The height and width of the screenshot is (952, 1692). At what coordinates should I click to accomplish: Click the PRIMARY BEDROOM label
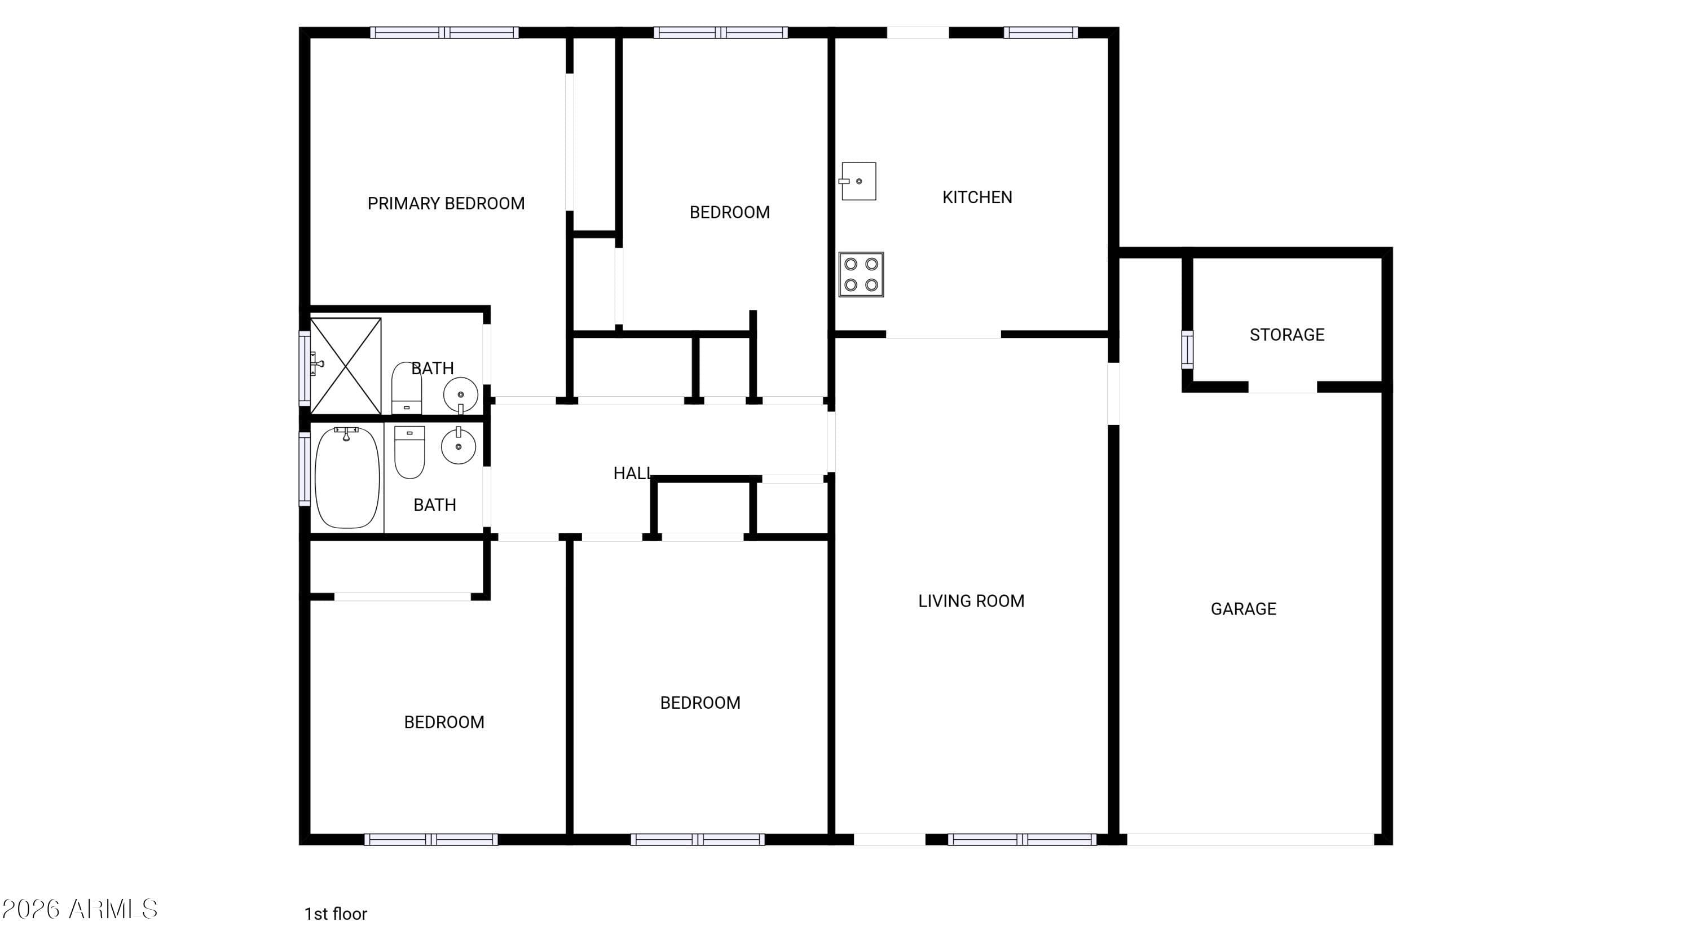coord(446,204)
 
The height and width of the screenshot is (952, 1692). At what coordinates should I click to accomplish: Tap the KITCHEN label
coord(977,197)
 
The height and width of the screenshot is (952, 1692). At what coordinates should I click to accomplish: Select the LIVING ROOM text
coord(971,601)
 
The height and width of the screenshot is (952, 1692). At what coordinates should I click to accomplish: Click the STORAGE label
coord(1286,335)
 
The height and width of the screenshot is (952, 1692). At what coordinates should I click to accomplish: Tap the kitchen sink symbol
coord(858,181)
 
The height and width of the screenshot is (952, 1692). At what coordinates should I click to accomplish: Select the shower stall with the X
coord(346,366)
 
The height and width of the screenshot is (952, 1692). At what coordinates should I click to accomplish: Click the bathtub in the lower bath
coord(347,477)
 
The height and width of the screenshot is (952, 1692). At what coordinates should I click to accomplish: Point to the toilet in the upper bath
coord(407,388)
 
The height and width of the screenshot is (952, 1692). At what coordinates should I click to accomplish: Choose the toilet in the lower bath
coord(409,452)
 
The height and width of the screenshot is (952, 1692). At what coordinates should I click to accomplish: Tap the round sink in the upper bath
coord(460,395)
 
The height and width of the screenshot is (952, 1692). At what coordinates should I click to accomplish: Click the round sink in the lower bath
coord(459,446)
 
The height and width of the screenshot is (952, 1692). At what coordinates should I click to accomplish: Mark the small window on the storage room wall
coord(1187,349)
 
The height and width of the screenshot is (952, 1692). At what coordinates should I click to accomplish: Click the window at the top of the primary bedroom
coord(444,32)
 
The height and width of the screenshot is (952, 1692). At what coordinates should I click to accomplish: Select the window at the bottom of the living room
coord(1021,839)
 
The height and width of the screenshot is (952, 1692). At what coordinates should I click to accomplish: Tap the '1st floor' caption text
coord(335,914)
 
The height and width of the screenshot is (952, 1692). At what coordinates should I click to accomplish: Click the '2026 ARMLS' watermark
coord(80,909)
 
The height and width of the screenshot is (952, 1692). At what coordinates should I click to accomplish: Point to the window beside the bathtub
coord(305,468)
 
